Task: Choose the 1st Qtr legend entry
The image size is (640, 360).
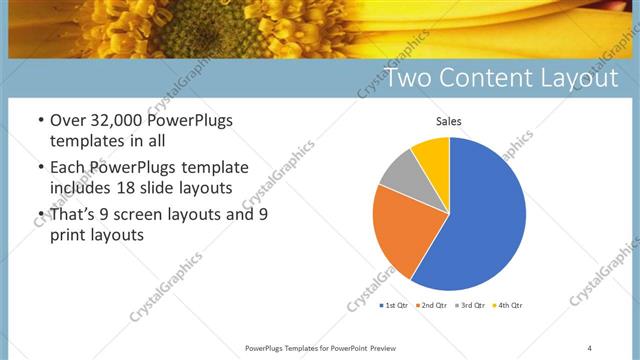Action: [x=394, y=304]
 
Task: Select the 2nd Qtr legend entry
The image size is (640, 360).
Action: [x=431, y=304]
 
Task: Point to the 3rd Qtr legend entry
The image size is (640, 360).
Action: [x=468, y=304]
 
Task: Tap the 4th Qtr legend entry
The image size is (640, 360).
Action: [x=506, y=304]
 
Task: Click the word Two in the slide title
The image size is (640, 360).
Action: [x=409, y=78]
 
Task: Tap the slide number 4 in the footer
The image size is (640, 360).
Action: [x=589, y=347]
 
